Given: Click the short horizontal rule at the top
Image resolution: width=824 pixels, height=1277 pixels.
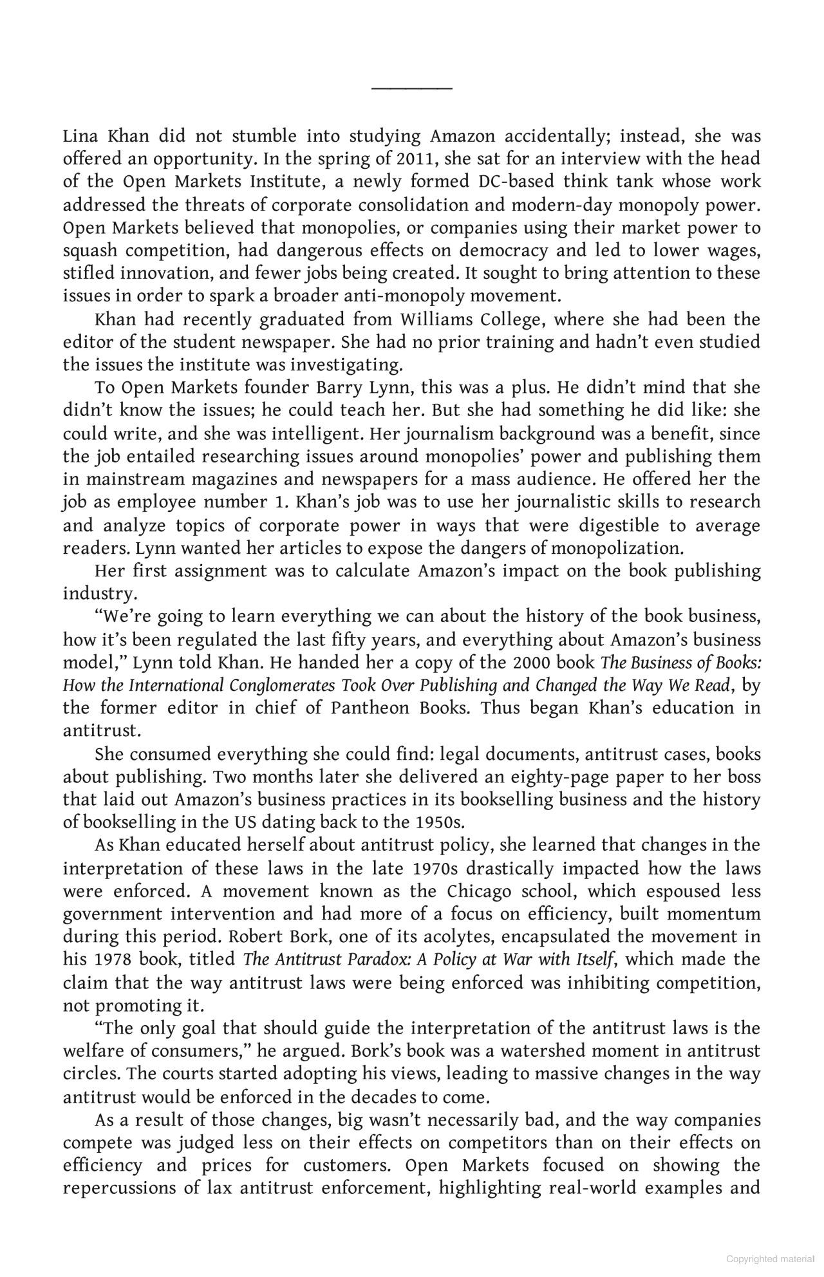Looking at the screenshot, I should [412, 88].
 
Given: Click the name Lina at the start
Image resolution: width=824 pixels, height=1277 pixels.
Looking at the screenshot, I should [79, 136].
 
